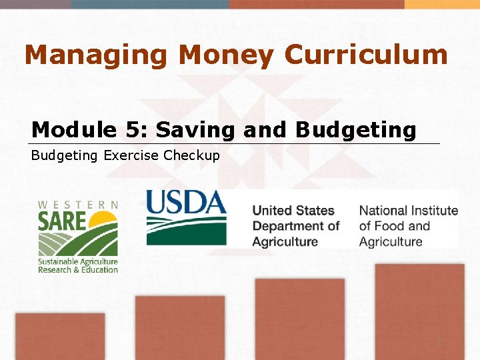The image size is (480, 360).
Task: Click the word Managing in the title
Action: pyautogui.click(x=95, y=55)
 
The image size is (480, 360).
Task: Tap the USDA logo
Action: pyautogui.click(x=186, y=217)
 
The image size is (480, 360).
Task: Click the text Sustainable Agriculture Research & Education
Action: pyautogui.click(x=77, y=265)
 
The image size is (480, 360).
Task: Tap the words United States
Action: pyautogui.click(x=293, y=211)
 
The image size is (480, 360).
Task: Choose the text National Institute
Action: pyautogui.click(x=408, y=211)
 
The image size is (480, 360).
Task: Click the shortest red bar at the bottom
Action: pyautogui.click(x=60, y=336)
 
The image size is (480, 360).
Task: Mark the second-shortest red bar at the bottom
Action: pyautogui.click(x=180, y=327)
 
